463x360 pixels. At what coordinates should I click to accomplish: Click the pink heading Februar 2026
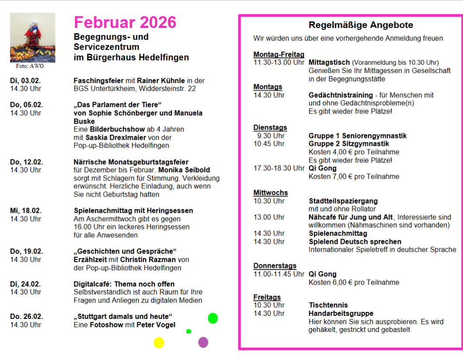[125, 22]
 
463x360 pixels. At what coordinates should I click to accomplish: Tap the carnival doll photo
[33, 37]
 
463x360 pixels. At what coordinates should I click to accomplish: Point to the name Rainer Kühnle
[161, 81]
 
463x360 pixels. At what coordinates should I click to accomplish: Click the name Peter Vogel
[156, 325]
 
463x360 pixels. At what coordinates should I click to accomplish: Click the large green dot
[213, 318]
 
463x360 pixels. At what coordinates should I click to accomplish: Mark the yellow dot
[159, 343]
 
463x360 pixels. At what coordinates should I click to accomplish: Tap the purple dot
[203, 342]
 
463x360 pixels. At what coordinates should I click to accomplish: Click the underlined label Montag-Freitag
[279, 54]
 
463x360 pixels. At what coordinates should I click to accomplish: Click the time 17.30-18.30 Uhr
[279, 168]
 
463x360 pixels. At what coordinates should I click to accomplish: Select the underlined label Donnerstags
[275, 266]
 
